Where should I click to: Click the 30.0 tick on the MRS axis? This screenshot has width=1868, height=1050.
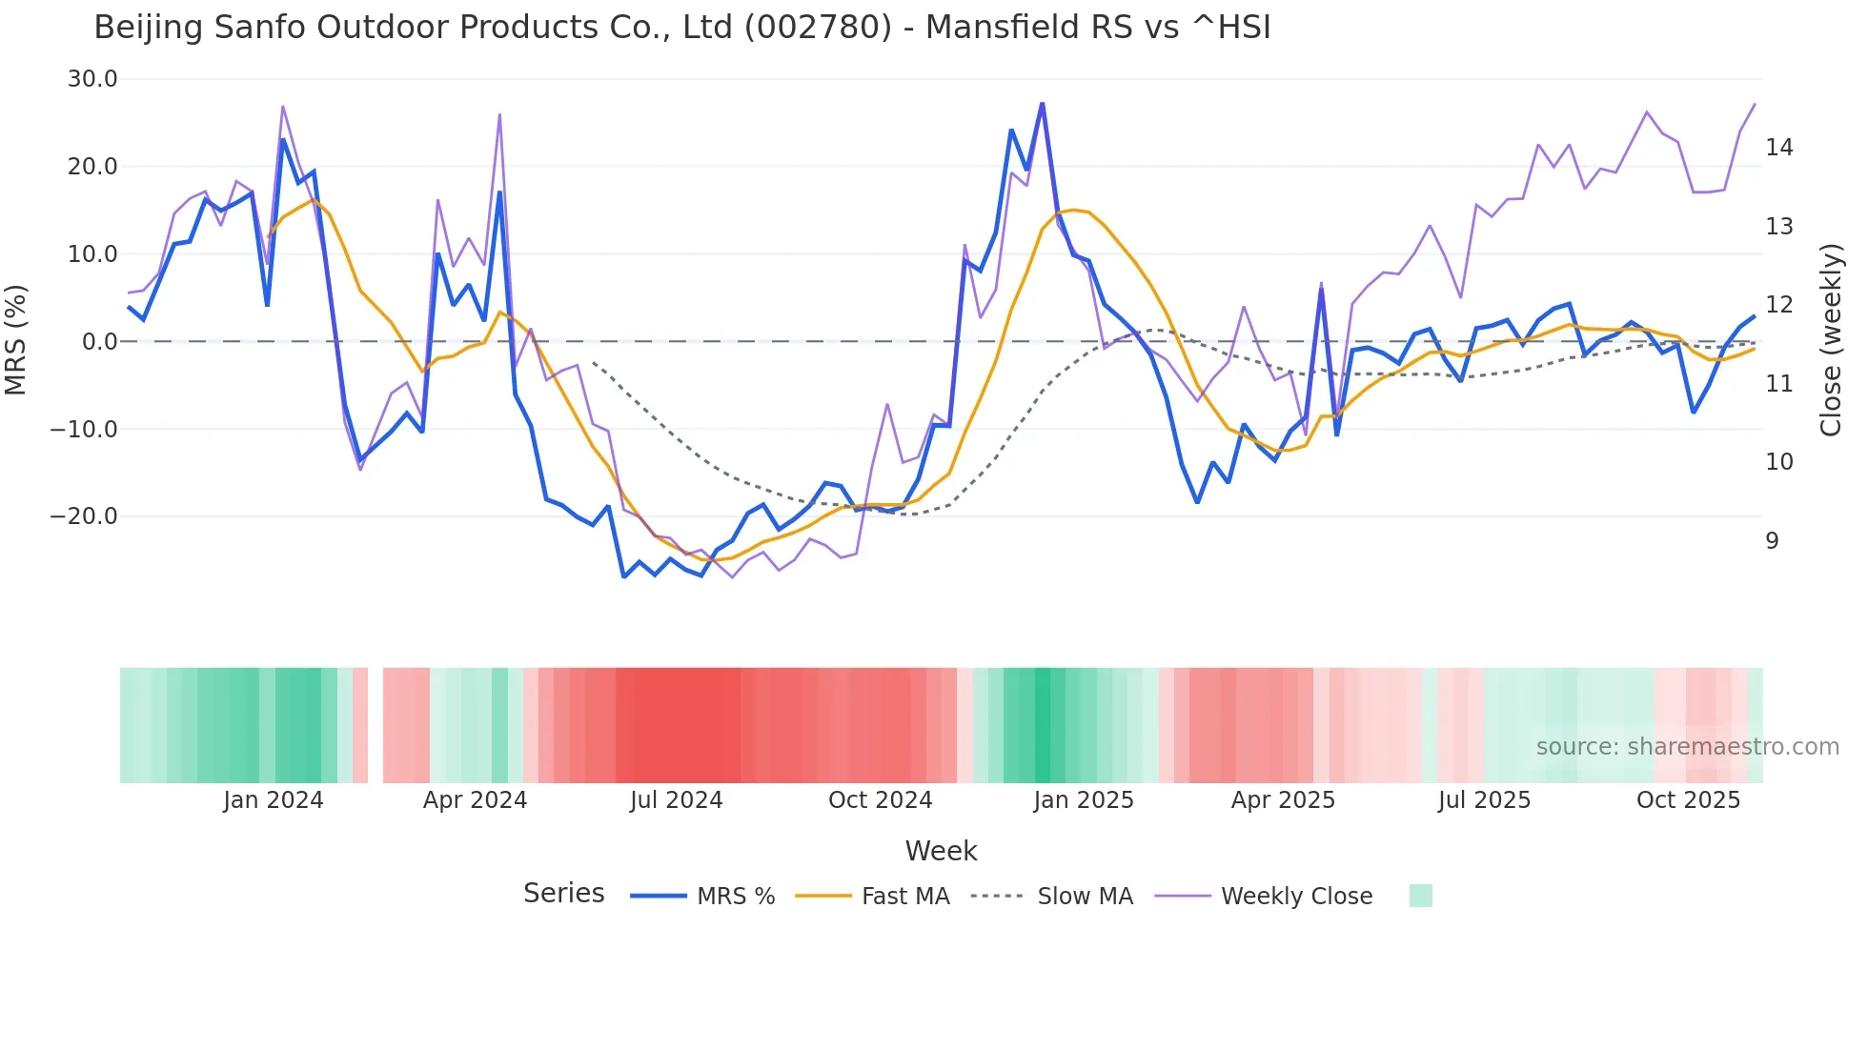coord(92,79)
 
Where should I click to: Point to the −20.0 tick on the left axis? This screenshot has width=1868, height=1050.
coord(84,516)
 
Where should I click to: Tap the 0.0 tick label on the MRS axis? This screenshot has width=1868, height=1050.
coord(99,341)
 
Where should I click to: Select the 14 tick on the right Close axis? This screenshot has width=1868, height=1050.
coord(1778,148)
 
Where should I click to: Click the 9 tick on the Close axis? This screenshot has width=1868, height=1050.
coord(1772,541)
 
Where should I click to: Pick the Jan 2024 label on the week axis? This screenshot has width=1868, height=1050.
coord(274,800)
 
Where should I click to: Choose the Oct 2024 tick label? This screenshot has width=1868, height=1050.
coord(880,800)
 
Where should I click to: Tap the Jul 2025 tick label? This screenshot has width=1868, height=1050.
coord(1484,800)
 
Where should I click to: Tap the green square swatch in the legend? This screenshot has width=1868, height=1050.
coord(1420,896)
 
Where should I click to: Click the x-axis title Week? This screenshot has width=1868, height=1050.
coord(941,851)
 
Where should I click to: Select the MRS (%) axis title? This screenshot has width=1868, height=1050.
coord(16,340)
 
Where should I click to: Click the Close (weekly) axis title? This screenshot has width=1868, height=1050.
coord(1831,340)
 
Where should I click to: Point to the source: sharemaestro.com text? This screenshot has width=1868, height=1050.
coord(1687,747)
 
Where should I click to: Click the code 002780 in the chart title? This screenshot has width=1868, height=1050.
coord(818,28)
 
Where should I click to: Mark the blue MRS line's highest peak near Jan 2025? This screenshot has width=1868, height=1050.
coord(1042,103)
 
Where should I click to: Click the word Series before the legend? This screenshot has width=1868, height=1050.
coord(563,894)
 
